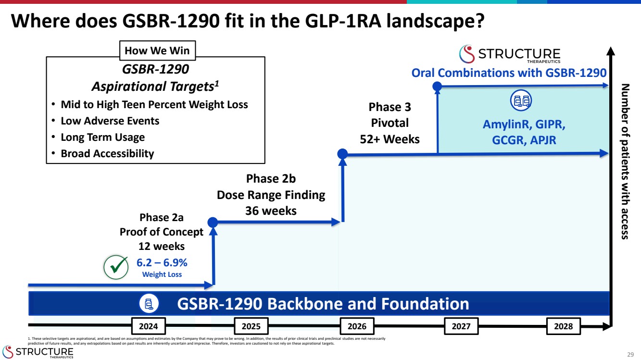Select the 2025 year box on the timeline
pos(251,326)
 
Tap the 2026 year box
pos(357,326)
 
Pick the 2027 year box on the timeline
pos(461,326)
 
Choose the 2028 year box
pos(564,326)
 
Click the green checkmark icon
pos(116,267)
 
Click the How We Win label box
pos(157,50)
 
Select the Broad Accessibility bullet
pos(107,154)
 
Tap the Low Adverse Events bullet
pos(110,121)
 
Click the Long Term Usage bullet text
pos(102,137)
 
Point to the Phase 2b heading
pos(271,179)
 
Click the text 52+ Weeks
pos(390,139)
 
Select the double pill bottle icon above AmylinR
pos(521,101)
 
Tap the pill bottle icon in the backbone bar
pos(149,304)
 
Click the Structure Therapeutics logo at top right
pos(510,54)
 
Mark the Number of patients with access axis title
pos(625,161)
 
